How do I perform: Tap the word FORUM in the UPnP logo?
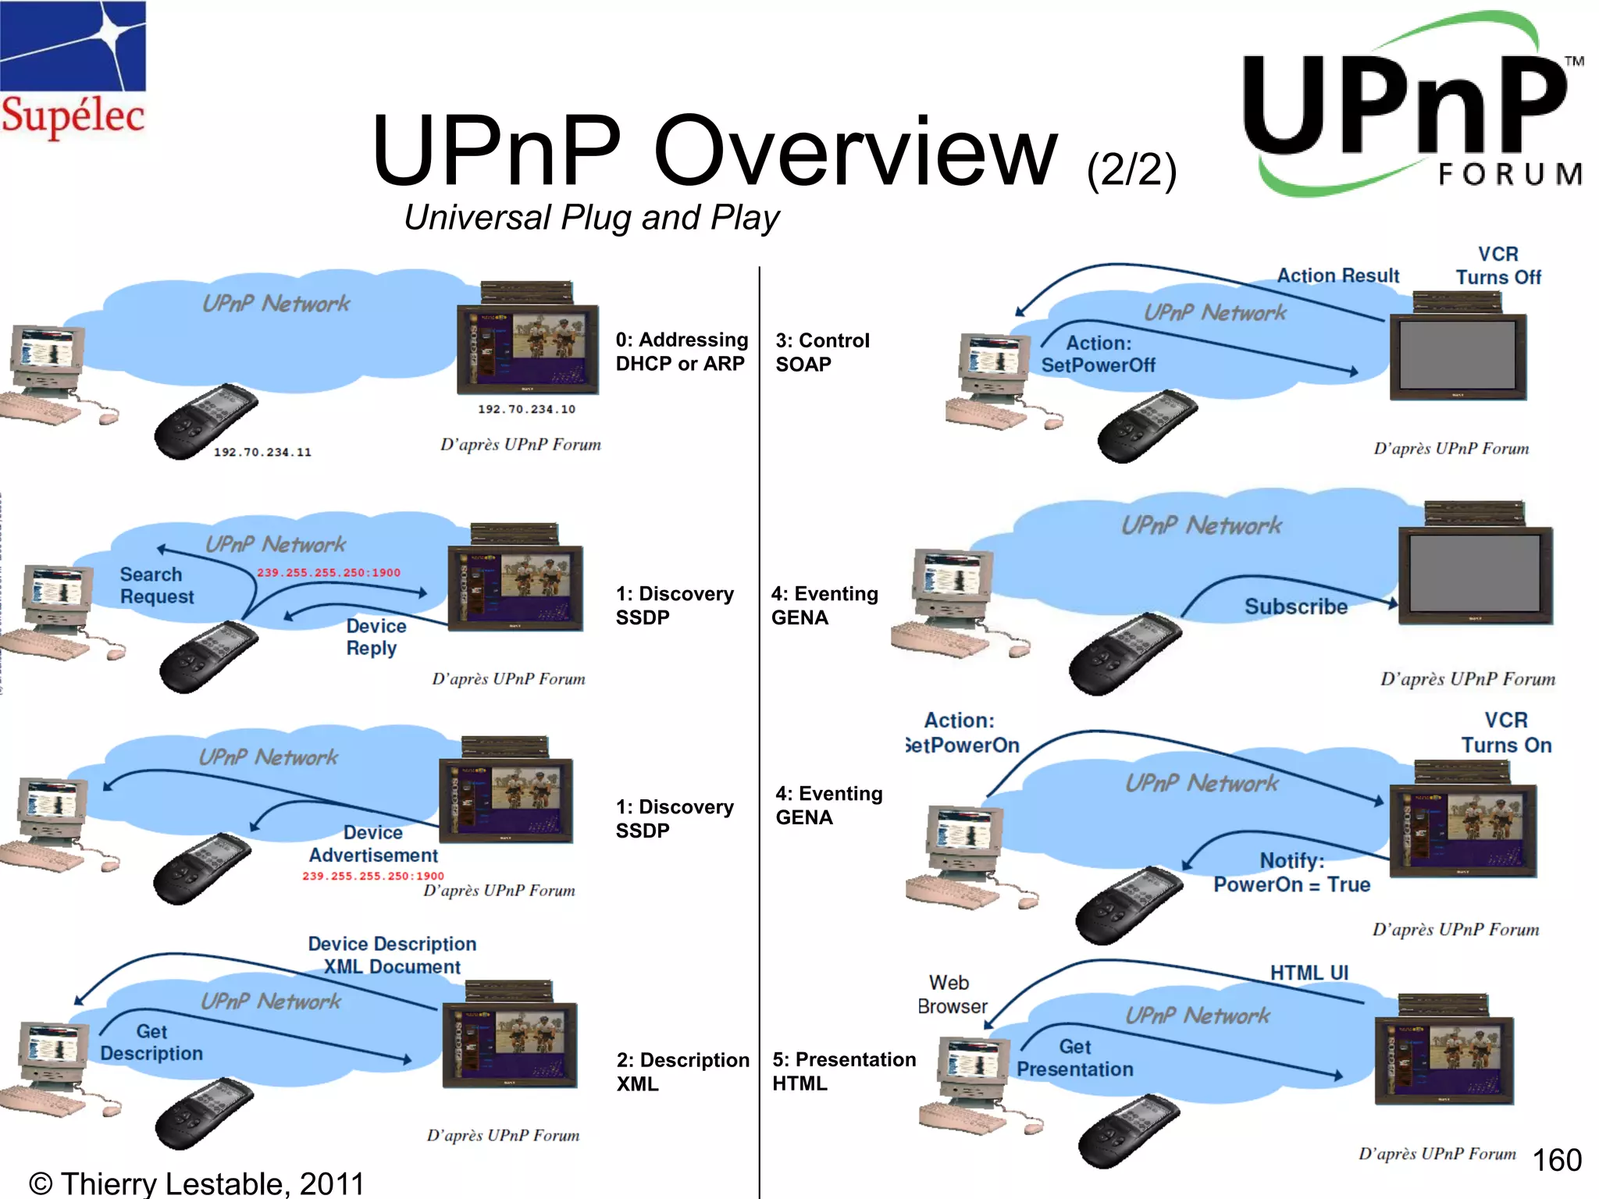pos(1510,174)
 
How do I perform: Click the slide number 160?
pos(1557,1160)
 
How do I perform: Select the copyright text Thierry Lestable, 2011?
pos(197,1183)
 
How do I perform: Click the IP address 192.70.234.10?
pos(526,409)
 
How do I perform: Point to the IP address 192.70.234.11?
pos(262,452)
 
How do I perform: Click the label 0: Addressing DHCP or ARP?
pos(681,351)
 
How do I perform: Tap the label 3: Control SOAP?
pos(821,352)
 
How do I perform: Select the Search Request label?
pos(156,585)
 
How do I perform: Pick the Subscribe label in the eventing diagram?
pos(1295,607)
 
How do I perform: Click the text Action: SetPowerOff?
pos(1098,354)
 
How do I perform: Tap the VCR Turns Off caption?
pos(1498,266)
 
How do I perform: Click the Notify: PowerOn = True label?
pos(1291,873)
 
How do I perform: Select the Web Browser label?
pos(952,994)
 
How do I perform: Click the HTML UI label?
pos(1309,973)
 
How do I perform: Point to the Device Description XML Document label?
pos(392,955)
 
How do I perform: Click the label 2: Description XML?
pos(682,1072)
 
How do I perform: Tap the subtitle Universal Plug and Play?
pos(591,218)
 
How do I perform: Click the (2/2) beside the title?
pos(1131,169)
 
